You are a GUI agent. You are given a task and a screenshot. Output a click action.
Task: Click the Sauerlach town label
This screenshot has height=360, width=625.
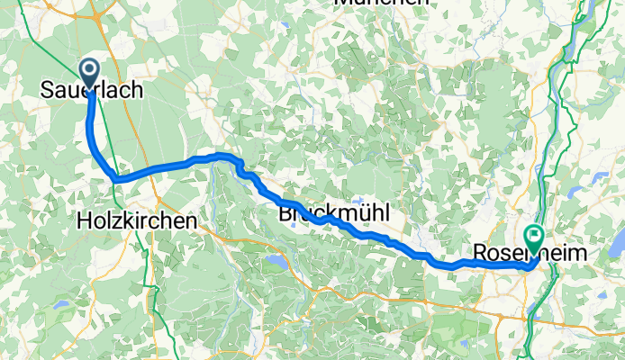click(x=92, y=90)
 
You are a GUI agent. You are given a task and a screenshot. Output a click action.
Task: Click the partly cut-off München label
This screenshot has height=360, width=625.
click(x=382, y=3)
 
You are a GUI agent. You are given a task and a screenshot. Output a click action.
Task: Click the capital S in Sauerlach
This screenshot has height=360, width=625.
click(x=47, y=90)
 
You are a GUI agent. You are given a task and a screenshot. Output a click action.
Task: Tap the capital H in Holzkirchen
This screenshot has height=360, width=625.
click(x=85, y=219)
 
